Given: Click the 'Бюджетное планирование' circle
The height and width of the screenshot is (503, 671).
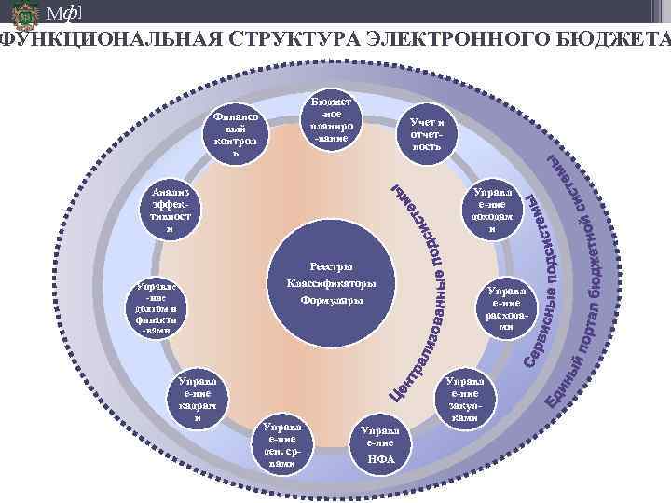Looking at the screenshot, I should (x=333, y=122).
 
